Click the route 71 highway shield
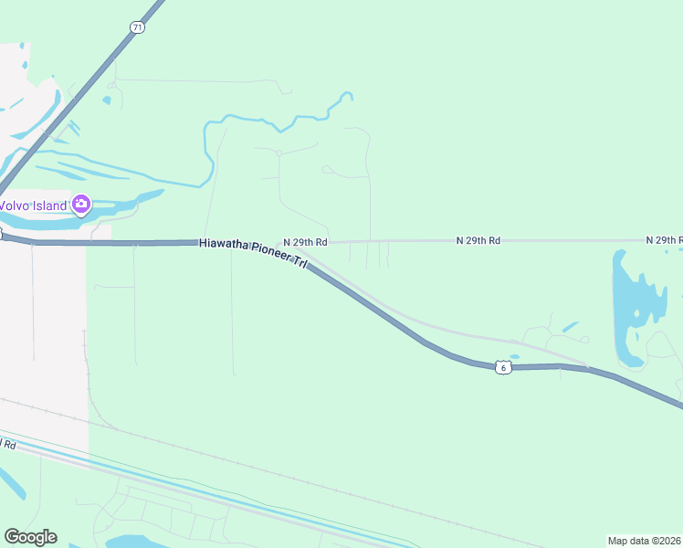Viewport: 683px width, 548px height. coord(137,27)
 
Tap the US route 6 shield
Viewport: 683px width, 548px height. coord(502,366)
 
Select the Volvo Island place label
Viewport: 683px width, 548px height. coord(34,205)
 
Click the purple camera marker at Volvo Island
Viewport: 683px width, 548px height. coord(81,204)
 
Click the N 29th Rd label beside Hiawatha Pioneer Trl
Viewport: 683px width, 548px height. coord(305,241)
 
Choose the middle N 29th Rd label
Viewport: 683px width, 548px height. coord(478,240)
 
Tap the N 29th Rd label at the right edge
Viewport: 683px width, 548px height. coord(664,240)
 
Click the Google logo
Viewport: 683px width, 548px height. coord(30,537)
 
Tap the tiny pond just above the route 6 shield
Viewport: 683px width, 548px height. coord(514,356)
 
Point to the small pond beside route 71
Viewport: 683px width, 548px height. coord(107,99)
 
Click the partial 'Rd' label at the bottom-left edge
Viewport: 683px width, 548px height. coord(9,445)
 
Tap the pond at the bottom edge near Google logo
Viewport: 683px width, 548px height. coord(137,542)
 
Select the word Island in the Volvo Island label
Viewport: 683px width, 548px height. coord(51,205)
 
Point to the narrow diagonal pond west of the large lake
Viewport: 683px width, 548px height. coord(571,326)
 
